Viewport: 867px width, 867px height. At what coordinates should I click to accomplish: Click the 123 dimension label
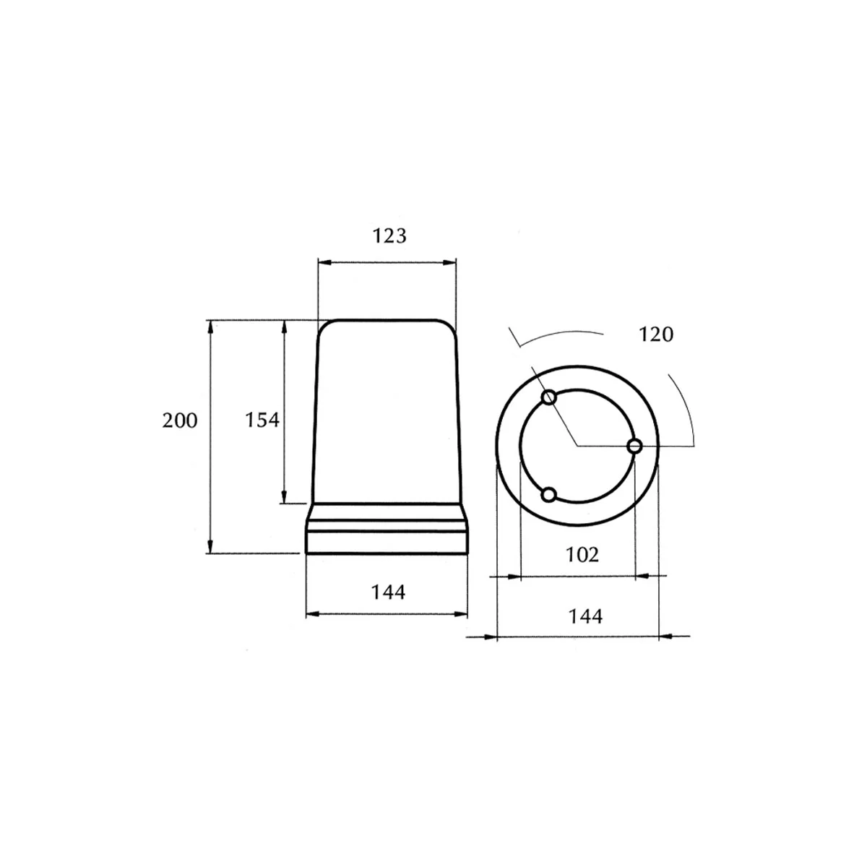click(389, 236)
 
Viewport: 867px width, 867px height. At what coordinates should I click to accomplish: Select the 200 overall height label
click(179, 420)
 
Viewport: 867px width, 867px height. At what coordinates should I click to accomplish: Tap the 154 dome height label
click(262, 420)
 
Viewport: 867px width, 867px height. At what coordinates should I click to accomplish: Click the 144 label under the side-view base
click(388, 592)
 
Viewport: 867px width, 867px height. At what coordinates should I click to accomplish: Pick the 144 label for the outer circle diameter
click(585, 616)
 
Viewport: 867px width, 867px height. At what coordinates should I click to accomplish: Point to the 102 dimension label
click(582, 555)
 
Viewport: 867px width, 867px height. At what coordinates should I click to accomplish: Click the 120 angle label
click(656, 335)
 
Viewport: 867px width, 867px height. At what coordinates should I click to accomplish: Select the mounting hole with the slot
click(635, 447)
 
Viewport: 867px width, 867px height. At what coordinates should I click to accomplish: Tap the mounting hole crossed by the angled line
click(549, 397)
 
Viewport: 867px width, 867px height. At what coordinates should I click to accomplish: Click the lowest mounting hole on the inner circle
click(548, 495)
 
